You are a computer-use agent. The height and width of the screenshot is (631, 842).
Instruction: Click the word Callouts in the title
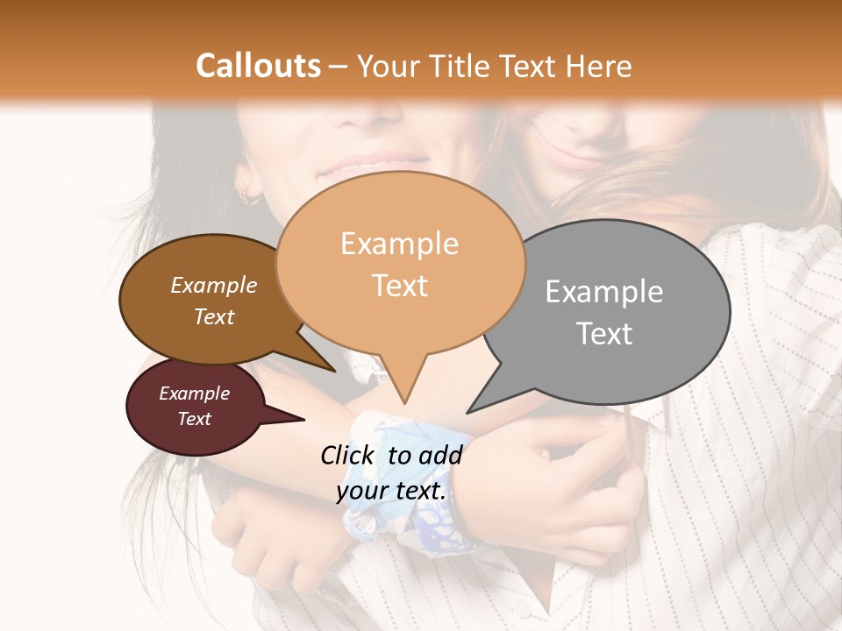pos(258,66)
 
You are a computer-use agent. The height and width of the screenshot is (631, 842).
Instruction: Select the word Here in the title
pos(598,66)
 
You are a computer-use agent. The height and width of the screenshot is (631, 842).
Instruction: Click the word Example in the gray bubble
pos(604,292)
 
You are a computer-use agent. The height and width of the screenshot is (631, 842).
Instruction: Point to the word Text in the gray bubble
pos(604,334)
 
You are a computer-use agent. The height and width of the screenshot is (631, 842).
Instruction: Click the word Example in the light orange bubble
pos(399,244)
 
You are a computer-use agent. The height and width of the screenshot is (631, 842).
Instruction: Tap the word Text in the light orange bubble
pos(399,286)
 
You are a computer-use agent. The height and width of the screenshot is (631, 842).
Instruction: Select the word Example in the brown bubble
pos(213,286)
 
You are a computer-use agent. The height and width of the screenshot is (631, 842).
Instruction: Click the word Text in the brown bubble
pos(213,317)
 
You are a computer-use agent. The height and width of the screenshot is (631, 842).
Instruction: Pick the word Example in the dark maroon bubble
pos(194,393)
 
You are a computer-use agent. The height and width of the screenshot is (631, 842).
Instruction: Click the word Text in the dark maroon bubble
pos(194,419)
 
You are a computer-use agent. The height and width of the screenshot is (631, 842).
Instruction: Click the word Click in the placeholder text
pos(349,455)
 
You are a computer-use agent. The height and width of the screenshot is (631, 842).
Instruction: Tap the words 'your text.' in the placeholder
pos(391,492)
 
